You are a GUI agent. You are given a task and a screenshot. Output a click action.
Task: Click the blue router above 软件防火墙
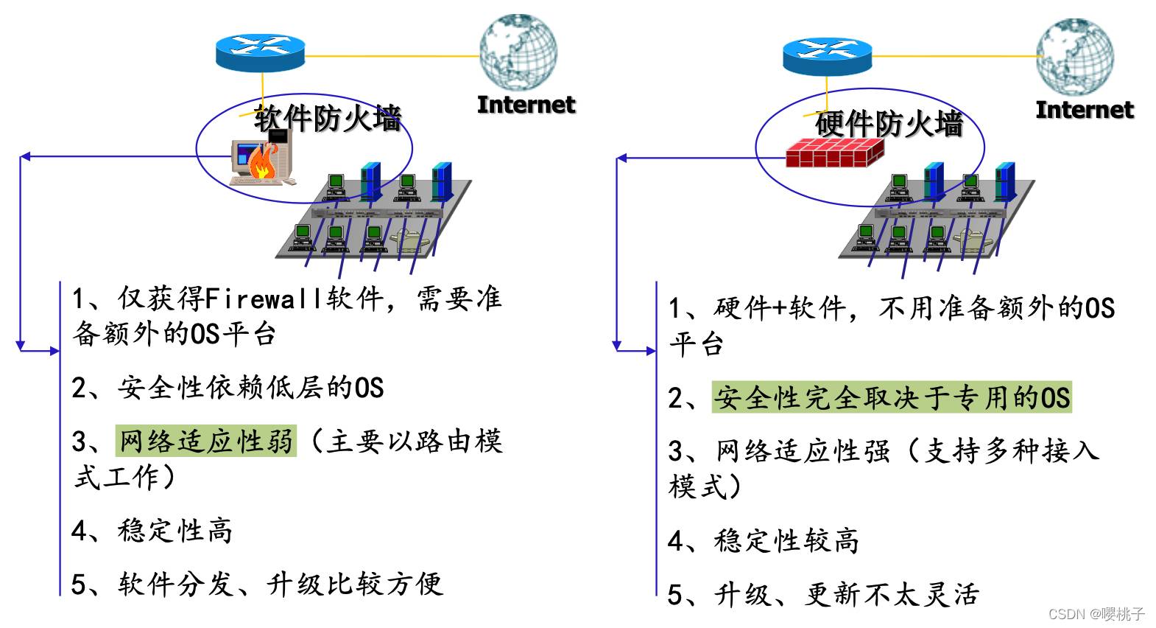[260, 52]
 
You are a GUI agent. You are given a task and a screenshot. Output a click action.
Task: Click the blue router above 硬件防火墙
[828, 57]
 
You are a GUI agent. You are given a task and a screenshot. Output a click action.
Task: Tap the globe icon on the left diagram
[518, 52]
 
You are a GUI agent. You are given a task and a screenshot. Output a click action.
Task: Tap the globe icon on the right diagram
[1076, 57]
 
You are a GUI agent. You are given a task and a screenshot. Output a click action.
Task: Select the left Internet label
[526, 105]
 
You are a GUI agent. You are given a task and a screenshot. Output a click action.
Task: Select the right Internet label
[1085, 110]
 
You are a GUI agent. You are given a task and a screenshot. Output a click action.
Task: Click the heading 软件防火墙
[327, 118]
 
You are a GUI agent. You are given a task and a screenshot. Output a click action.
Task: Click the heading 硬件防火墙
[889, 124]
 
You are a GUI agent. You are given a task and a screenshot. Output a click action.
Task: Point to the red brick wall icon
[834, 153]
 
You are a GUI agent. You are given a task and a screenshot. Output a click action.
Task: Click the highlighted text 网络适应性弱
[206, 441]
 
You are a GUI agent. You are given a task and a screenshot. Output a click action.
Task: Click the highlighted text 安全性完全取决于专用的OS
[892, 397]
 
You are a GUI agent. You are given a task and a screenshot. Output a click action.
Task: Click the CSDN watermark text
[1096, 614]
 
